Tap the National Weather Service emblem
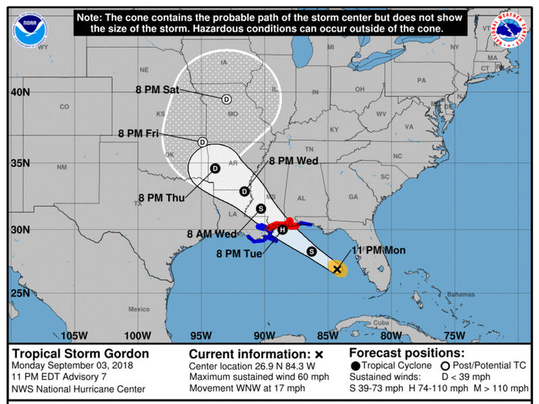510,28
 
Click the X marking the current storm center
338,269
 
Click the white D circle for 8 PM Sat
226,99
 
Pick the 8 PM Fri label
138,134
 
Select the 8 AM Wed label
212,234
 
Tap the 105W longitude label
73,335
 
